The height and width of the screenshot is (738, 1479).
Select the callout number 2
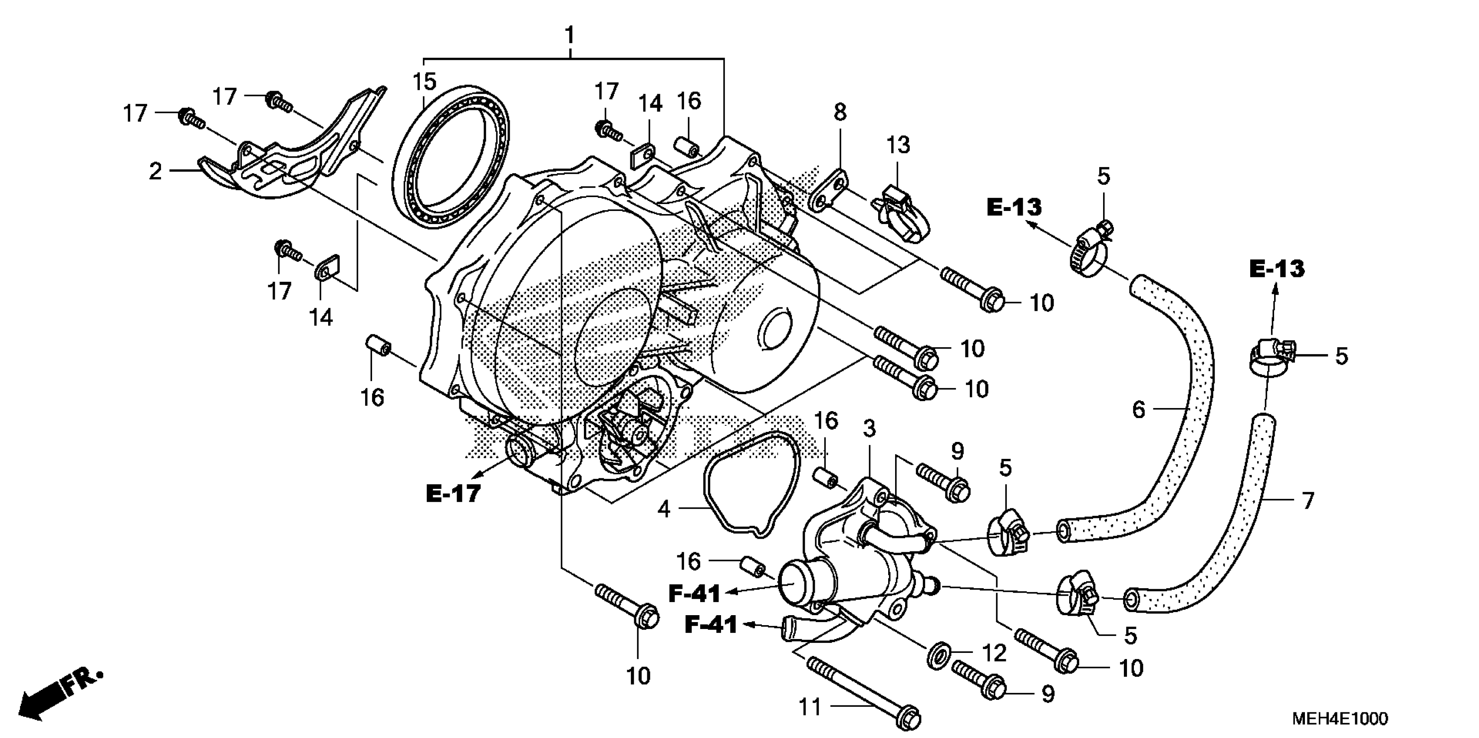tap(155, 171)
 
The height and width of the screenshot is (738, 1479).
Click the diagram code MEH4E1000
tap(1340, 718)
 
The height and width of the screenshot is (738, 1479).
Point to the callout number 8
tap(840, 112)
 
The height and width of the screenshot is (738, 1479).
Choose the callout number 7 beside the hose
tap(1308, 501)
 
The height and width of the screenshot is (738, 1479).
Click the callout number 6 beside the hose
tap(1139, 409)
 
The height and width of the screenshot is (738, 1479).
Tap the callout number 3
tap(869, 428)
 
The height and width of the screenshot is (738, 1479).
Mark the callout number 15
tap(424, 82)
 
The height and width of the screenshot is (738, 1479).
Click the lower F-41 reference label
tap(711, 625)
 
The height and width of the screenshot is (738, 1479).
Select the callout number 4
tap(664, 509)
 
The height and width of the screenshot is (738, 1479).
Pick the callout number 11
tap(811, 707)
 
